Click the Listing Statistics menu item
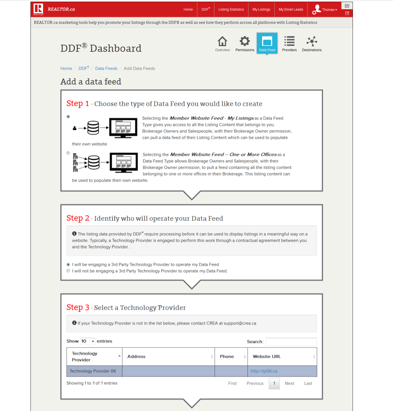pos(231,10)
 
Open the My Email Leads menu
pos(291,10)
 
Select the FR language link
pos(347,13)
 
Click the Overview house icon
pos(222,42)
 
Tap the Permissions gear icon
pos(245,42)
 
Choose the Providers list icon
pos(289,42)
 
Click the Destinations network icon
pos(311,42)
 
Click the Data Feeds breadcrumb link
pos(106,68)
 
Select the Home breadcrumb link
pos(66,68)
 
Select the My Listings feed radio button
pos(68,117)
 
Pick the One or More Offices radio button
pos(68,153)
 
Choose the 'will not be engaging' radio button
pos(68,271)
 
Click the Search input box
pos(291,342)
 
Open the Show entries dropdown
pos(88,341)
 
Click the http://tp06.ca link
pos(264,371)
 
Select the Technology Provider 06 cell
pos(93,371)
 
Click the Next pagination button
pos(289,383)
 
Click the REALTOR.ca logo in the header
pos(54,9)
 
